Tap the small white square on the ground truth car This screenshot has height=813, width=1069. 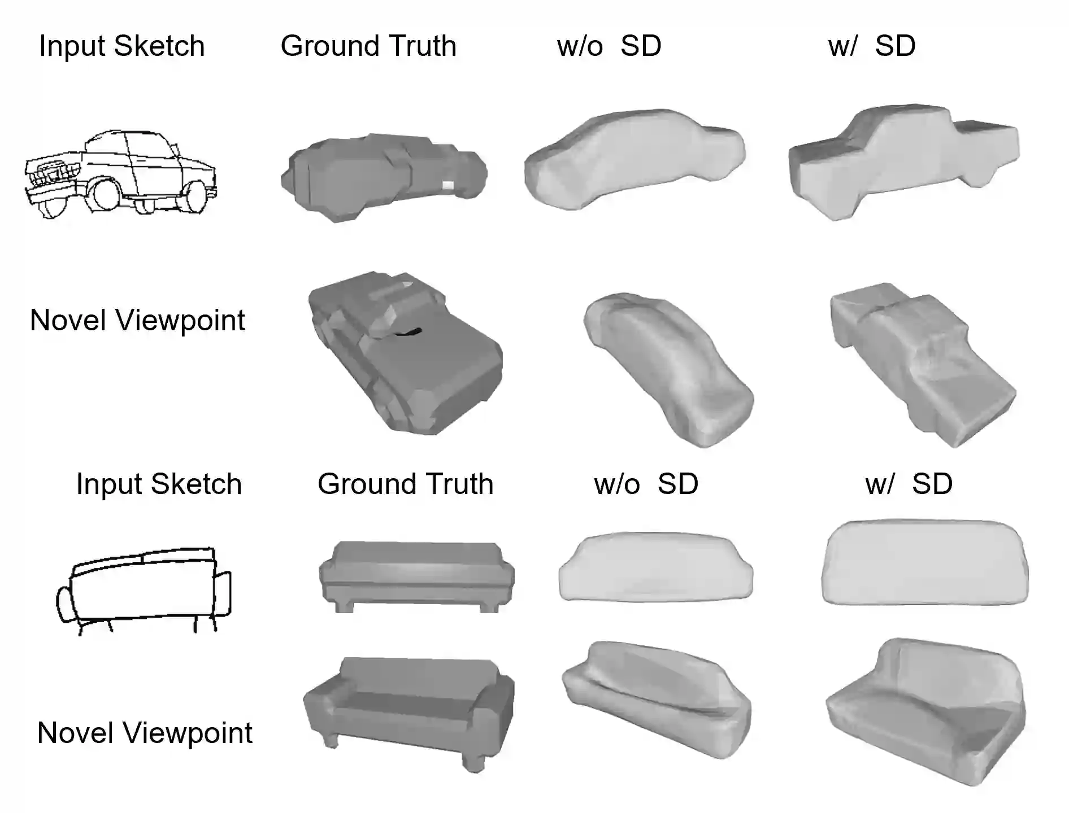(x=447, y=185)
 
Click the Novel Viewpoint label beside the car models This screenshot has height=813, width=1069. (x=137, y=320)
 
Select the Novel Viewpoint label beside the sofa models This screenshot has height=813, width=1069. (x=145, y=733)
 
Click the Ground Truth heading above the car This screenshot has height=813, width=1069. (x=368, y=46)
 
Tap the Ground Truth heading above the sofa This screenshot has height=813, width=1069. (x=405, y=484)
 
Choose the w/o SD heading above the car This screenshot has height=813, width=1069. (x=609, y=46)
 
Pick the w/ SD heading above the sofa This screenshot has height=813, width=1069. (x=909, y=484)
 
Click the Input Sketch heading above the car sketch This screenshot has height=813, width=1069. (x=121, y=46)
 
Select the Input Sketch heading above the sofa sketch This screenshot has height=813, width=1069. (x=159, y=484)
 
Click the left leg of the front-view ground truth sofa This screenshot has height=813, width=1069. (x=344, y=606)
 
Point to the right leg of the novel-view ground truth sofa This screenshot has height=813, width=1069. (x=473, y=760)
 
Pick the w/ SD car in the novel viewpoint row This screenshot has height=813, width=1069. (x=921, y=364)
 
